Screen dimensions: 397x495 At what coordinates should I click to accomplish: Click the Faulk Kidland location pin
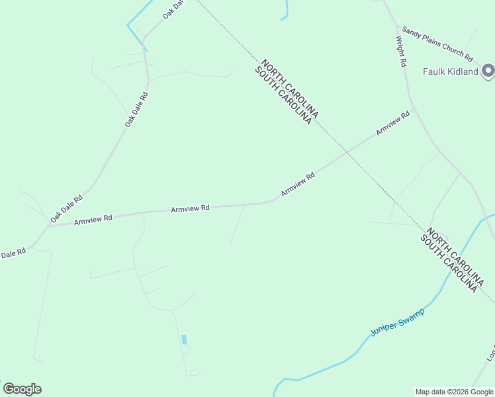488,69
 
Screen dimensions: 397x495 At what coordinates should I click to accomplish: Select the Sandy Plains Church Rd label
438,43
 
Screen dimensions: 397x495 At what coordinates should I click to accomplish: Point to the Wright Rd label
401,51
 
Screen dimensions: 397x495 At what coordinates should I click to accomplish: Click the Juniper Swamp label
397,321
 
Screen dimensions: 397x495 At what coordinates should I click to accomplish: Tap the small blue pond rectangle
184,339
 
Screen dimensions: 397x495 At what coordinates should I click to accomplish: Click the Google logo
22,389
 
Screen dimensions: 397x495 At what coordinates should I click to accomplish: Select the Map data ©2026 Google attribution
454,392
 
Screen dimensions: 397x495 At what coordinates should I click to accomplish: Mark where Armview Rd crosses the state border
345,153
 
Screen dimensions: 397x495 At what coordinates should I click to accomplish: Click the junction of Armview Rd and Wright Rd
414,109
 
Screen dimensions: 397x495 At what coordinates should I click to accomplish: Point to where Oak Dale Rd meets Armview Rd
48,225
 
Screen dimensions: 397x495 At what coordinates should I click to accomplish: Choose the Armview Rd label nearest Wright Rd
393,123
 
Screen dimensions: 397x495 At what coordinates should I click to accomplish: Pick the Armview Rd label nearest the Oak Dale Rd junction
93,218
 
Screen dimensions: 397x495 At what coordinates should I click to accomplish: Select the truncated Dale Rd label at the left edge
13,253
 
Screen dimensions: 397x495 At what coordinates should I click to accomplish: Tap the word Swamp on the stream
410,315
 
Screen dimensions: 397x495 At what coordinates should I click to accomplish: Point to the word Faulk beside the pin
435,71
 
